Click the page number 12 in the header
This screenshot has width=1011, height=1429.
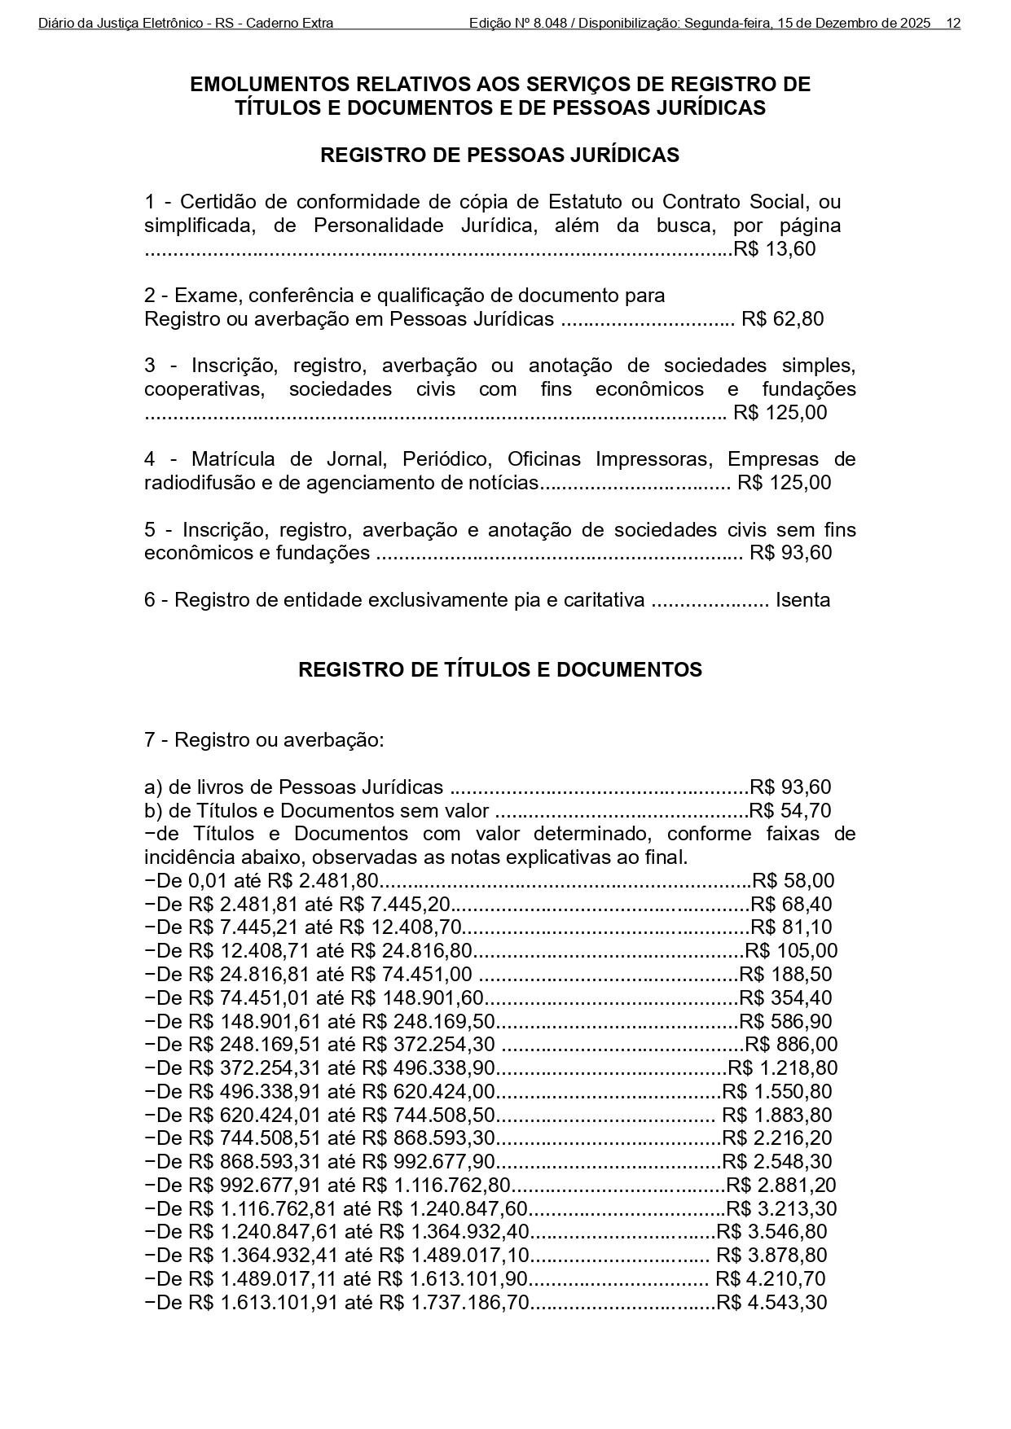click(953, 24)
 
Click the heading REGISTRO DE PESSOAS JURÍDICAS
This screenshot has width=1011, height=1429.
click(499, 156)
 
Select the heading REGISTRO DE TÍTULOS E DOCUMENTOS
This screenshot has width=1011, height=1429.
click(499, 670)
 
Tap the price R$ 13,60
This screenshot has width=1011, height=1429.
click(775, 249)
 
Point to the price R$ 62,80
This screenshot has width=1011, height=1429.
click(782, 319)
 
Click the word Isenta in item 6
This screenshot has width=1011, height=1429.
click(802, 601)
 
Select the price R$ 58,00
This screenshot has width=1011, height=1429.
click(793, 881)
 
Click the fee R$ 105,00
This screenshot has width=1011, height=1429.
click(791, 951)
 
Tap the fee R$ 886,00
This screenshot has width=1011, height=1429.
click(791, 1045)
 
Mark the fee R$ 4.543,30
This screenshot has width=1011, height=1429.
click(771, 1303)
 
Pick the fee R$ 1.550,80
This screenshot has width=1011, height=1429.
click(777, 1092)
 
